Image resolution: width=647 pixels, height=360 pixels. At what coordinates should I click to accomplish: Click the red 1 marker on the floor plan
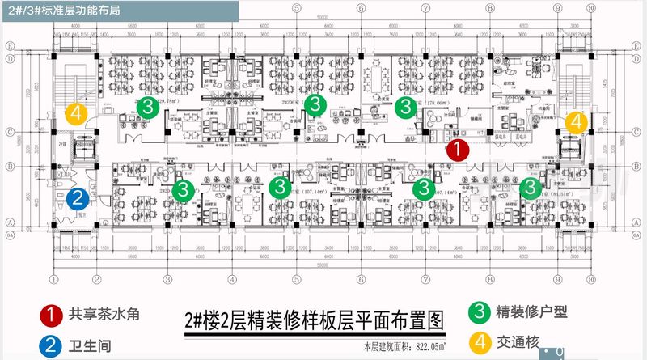[458, 149]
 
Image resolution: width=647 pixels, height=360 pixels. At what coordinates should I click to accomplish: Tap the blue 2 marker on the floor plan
[78, 197]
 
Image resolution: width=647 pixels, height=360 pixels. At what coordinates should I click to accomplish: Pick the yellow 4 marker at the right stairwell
[576, 122]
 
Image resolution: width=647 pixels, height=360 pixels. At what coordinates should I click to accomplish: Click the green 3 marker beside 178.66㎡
[406, 106]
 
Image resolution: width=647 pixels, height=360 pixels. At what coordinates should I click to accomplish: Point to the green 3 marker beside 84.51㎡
[530, 188]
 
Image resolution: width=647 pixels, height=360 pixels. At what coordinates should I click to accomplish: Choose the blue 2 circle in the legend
[52, 345]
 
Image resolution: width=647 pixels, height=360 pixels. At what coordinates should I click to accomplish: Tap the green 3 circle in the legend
[480, 311]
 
